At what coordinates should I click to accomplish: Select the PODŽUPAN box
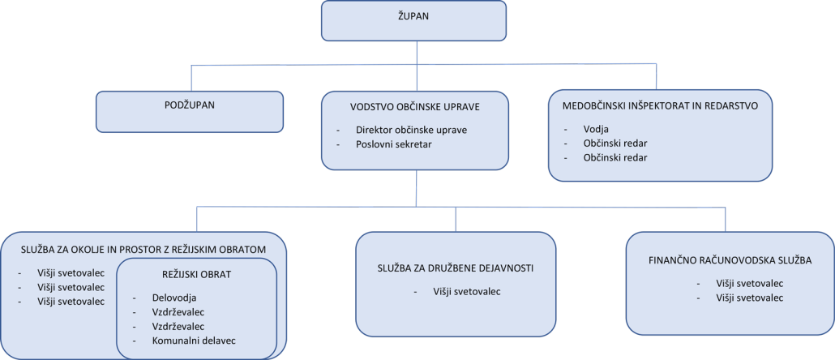[190, 111]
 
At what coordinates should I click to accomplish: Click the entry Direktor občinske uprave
[411, 130]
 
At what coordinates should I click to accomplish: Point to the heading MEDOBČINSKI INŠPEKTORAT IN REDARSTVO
[659, 105]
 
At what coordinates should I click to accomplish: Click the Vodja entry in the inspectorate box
[595, 129]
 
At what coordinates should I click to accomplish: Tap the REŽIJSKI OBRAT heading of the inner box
[191, 274]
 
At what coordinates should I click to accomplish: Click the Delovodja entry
[173, 298]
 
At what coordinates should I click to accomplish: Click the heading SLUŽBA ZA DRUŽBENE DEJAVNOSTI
[455, 267]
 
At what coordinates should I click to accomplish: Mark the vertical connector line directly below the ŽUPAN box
[417, 53]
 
